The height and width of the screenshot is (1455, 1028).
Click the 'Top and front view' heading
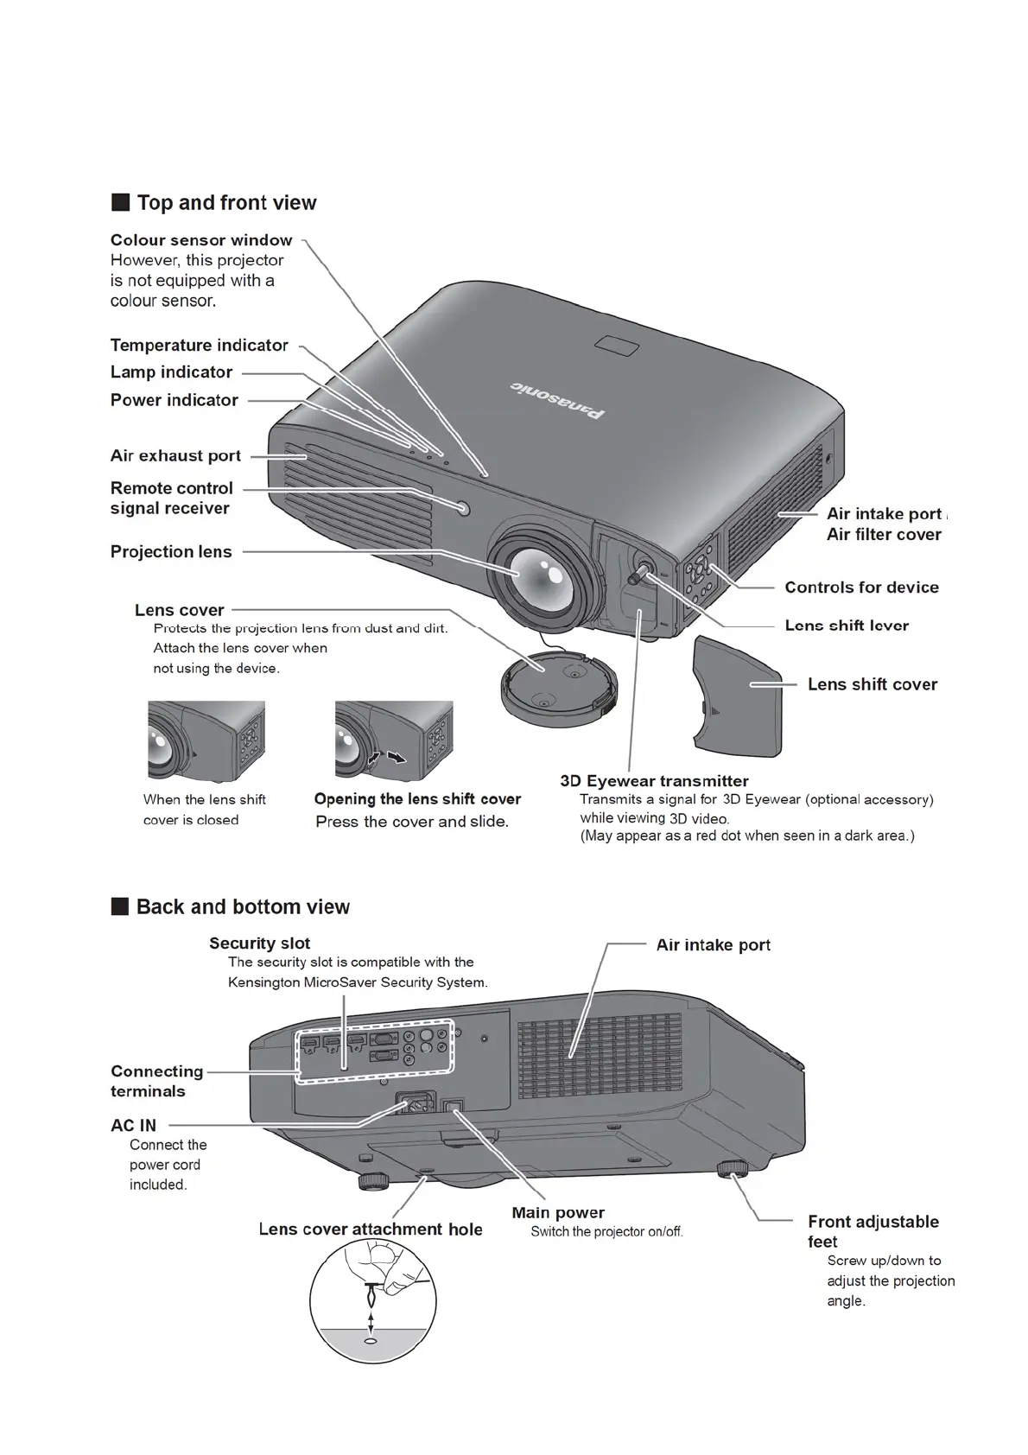(226, 203)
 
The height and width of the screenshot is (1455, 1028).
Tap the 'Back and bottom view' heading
(243, 907)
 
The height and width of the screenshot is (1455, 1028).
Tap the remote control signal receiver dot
(464, 508)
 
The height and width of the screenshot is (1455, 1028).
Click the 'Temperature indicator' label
(200, 346)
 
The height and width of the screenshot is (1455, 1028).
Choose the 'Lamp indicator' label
(172, 372)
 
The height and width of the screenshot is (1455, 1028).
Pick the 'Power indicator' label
(175, 400)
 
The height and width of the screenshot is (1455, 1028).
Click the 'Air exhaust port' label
(175, 456)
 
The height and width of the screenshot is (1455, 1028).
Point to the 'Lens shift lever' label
(847, 626)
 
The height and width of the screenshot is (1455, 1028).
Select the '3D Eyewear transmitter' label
(654, 781)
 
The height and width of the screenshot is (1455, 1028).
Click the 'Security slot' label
(259, 944)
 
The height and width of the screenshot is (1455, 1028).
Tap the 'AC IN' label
(134, 1126)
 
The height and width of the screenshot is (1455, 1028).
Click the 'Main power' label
(558, 1213)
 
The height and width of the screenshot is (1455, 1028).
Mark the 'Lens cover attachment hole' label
(371, 1229)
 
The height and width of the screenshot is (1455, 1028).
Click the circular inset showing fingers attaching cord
(373, 1301)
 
